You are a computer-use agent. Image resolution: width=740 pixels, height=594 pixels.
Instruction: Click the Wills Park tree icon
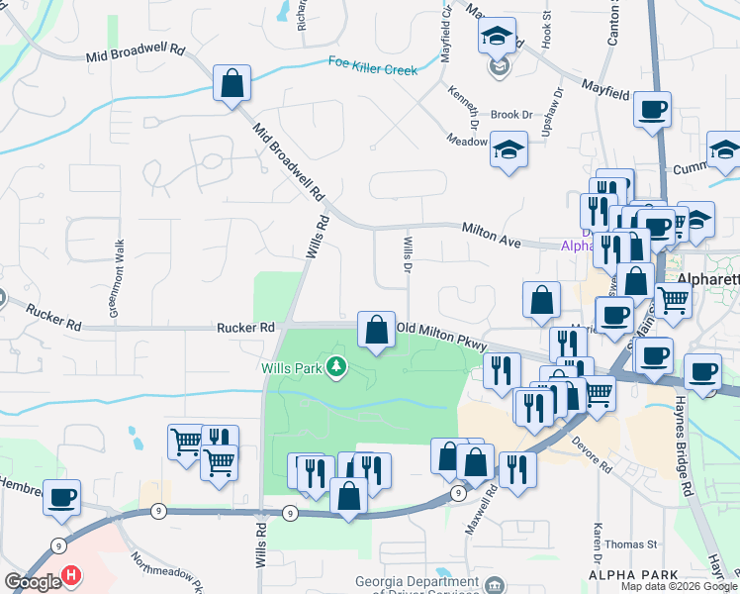(338, 367)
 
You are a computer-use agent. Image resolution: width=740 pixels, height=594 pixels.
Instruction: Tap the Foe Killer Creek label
(373, 65)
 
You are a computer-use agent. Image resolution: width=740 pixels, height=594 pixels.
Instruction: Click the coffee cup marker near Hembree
(62, 497)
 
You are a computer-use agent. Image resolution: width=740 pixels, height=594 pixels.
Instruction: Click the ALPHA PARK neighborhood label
(633, 574)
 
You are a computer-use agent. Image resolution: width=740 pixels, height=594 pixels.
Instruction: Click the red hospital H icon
(71, 574)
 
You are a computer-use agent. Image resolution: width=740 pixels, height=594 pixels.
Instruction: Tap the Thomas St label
(631, 544)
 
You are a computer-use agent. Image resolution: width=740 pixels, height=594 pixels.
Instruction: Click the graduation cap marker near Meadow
(509, 150)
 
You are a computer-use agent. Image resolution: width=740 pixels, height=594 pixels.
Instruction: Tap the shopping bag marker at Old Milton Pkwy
(376, 331)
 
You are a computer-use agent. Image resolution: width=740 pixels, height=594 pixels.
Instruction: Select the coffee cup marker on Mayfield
(652, 110)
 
